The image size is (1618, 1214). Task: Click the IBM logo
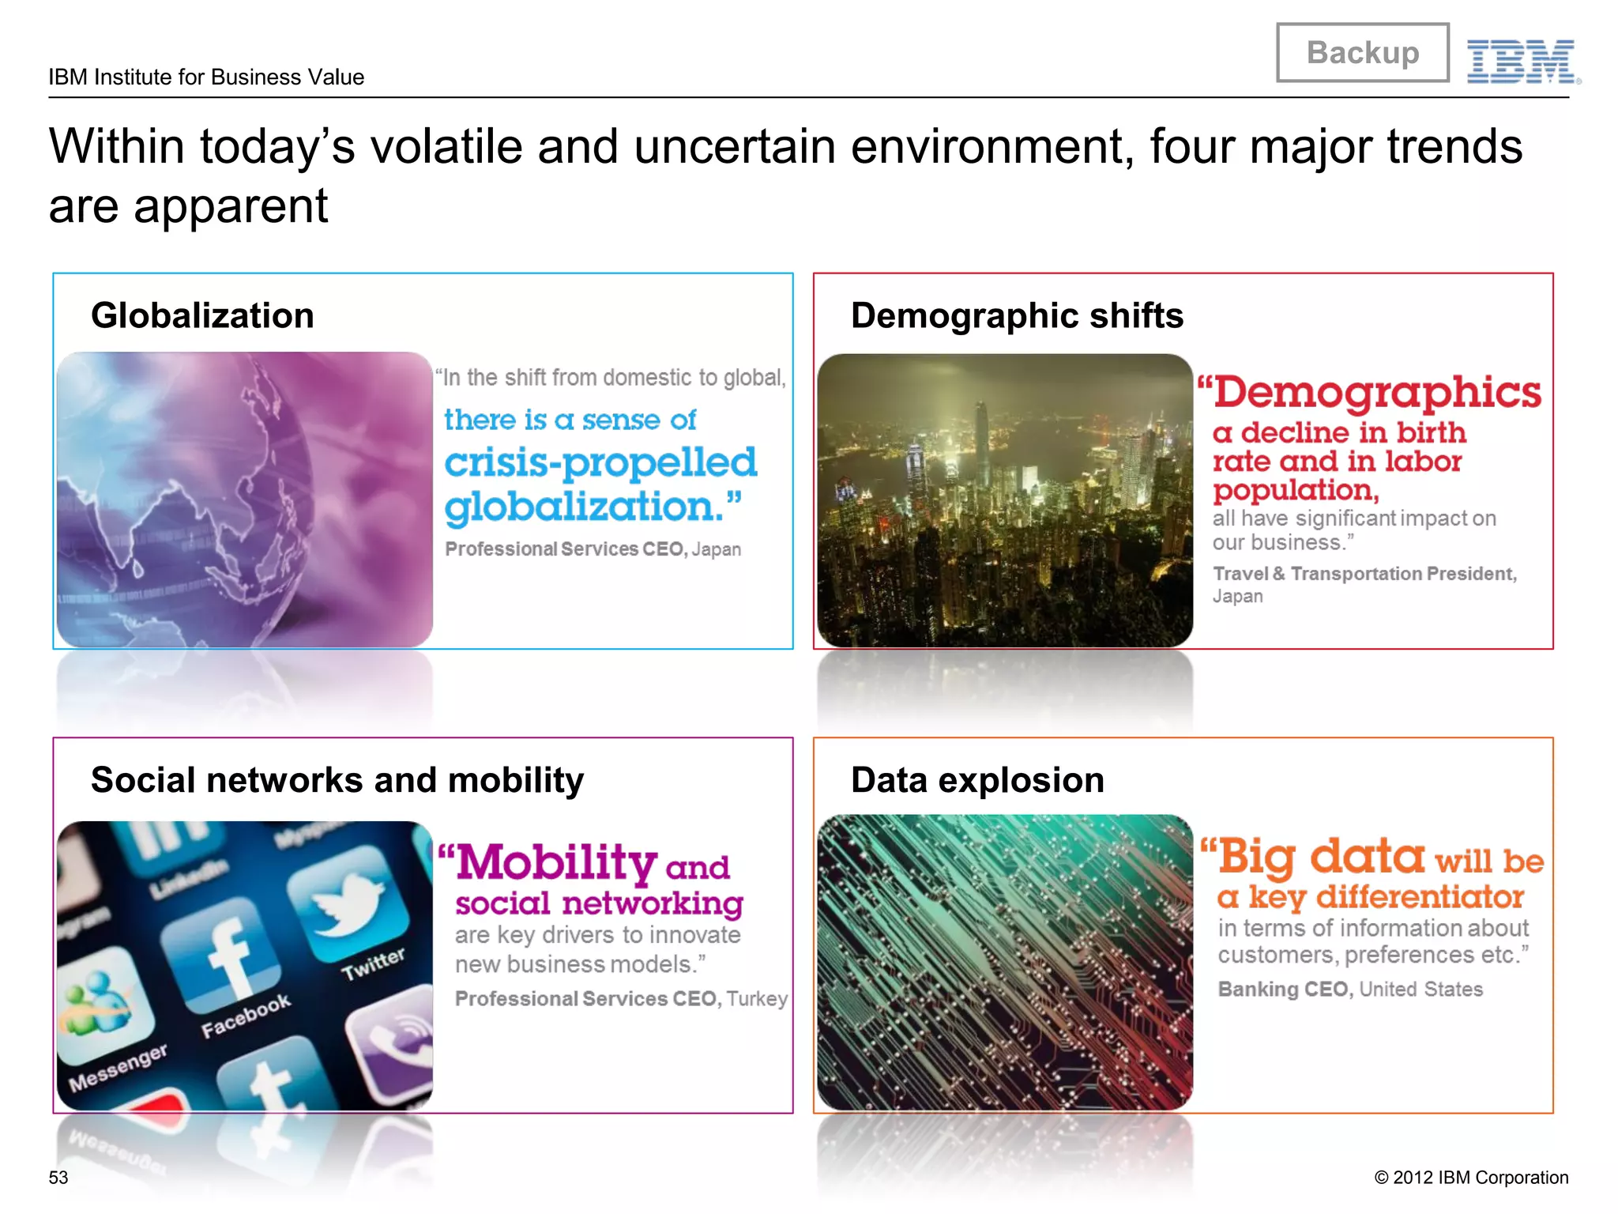(x=1522, y=61)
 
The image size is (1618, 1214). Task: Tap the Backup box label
(x=1363, y=53)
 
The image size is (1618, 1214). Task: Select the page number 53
(x=58, y=1178)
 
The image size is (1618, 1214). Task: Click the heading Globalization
(x=202, y=315)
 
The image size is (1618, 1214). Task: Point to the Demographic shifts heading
(x=1017, y=315)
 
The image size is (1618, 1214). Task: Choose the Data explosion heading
(x=977, y=780)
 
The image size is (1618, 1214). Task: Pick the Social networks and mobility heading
(x=337, y=780)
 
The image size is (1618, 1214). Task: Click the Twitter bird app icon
(x=348, y=901)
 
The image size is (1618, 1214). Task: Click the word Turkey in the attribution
(x=757, y=999)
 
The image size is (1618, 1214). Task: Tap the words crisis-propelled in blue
(x=600, y=463)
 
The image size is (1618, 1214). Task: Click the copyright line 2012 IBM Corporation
(x=1471, y=1178)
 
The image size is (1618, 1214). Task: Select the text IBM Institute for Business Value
(x=206, y=77)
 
